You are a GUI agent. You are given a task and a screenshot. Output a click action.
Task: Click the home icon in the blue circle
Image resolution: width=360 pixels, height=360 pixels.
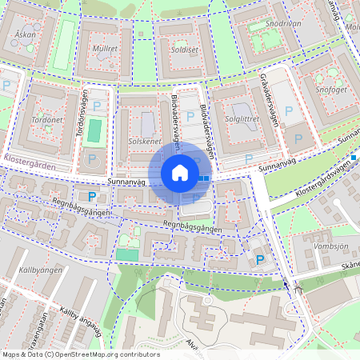click(179, 172)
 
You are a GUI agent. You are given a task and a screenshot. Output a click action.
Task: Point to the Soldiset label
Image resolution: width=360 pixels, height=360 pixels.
click(184, 50)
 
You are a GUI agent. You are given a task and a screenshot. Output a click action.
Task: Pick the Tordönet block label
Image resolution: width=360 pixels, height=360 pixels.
click(46, 119)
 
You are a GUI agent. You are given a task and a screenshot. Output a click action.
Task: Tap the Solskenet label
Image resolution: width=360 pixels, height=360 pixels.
click(144, 141)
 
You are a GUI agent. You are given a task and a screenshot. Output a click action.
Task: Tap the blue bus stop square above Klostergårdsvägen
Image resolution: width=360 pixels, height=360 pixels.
click(354, 157)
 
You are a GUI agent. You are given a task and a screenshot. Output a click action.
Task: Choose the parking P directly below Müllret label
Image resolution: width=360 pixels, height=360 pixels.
click(98, 106)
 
